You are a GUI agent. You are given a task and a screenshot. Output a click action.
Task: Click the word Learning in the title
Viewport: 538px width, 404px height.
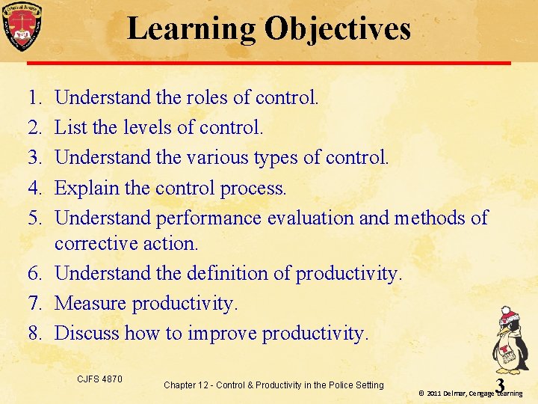pyautogui.click(x=191, y=28)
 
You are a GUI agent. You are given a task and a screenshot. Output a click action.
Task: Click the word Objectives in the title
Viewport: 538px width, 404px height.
pyautogui.click(x=337, y=28)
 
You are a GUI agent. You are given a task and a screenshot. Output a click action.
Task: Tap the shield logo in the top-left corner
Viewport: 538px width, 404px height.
pyautogui.click(x=22, y=26)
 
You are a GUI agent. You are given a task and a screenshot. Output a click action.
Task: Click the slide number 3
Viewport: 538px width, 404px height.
pyautogui.click(x=500, y=385)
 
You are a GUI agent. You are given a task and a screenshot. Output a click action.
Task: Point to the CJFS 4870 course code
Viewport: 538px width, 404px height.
pyautogui.click(x=99, y=379)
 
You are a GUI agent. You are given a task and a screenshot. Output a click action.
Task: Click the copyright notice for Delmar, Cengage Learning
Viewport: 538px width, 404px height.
pyautogui.click(x=470, y=393)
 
